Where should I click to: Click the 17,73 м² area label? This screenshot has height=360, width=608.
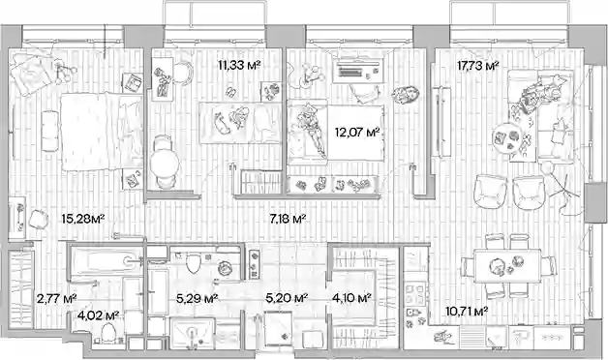[477, 66]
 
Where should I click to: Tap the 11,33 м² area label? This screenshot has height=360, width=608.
[239, 65]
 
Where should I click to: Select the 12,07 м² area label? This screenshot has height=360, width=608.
[356, 133]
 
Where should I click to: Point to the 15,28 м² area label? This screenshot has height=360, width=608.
[83, 219]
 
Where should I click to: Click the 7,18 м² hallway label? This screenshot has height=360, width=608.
[288, 220]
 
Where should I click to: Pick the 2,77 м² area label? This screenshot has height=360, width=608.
[56, 299]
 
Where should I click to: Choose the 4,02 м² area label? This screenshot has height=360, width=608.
[98, 315]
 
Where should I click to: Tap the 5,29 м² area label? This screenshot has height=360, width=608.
[197, 299]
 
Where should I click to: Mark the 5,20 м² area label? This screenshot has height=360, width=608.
[287, 298]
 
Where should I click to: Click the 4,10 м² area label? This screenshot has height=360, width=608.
[351, 298]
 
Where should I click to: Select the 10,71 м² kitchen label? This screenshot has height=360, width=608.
[467, 311]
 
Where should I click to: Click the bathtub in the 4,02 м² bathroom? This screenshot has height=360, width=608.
[104, 261]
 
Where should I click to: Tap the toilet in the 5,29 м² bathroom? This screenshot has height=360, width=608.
[193, 262]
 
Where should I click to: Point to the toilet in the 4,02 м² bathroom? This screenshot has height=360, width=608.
[108, 332]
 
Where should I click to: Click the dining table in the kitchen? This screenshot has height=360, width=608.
[507, 265]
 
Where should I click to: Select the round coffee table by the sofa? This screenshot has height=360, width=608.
[507, 138]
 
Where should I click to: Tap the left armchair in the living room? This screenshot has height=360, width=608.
[491, 193]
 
